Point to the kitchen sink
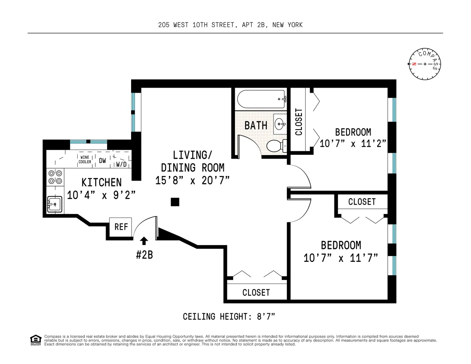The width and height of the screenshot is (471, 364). [54, 205]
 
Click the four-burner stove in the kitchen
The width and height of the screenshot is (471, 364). [55, 177]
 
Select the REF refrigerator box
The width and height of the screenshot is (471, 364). [121, 227]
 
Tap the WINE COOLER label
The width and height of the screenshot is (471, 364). [85, 159]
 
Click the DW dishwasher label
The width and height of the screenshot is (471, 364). [102, 160]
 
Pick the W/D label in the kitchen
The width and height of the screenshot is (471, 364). [121, 164]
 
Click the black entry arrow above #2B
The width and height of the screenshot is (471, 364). [144, 241]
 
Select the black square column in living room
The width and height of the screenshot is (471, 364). [175, 202]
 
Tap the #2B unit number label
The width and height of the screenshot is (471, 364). [144, 254]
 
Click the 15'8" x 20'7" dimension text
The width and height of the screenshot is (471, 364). [192, 180]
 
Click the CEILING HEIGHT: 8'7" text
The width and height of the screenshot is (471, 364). [232, 316]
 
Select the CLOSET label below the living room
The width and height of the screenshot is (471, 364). [256, 293]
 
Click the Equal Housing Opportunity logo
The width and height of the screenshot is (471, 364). [36, 340]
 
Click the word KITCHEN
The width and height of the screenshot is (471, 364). [101, 183]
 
